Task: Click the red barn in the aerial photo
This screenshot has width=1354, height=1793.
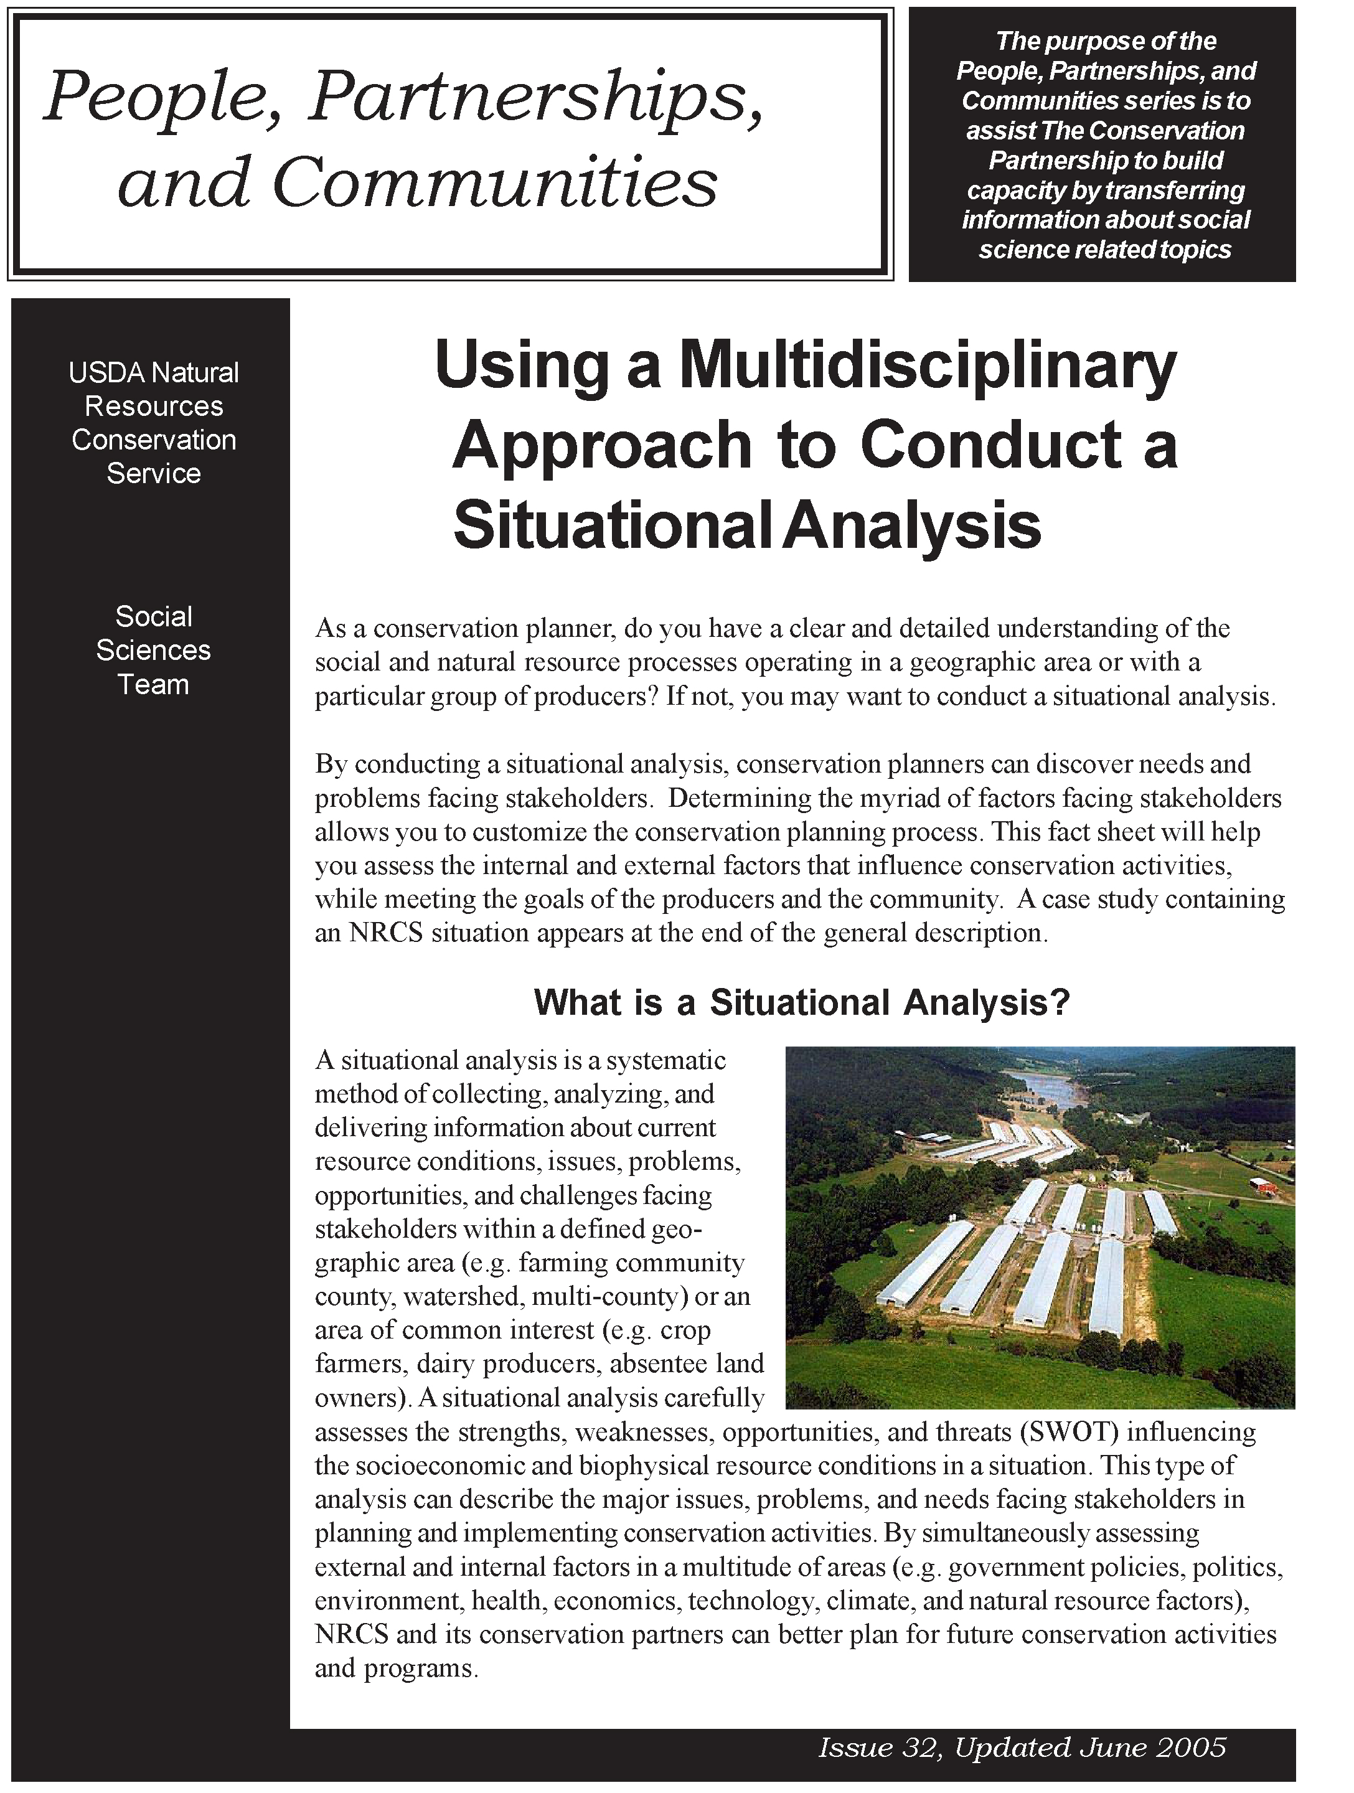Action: pos(1262,1186)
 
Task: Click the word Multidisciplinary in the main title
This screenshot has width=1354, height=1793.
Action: pos(927,365)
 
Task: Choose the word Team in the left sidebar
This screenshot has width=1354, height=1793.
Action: pos(153,684)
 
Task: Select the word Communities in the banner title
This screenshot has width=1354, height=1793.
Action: pos(494,183)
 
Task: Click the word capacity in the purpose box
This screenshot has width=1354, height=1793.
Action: pos(1016,191)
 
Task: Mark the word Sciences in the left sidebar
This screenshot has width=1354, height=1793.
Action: pos(153,650)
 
